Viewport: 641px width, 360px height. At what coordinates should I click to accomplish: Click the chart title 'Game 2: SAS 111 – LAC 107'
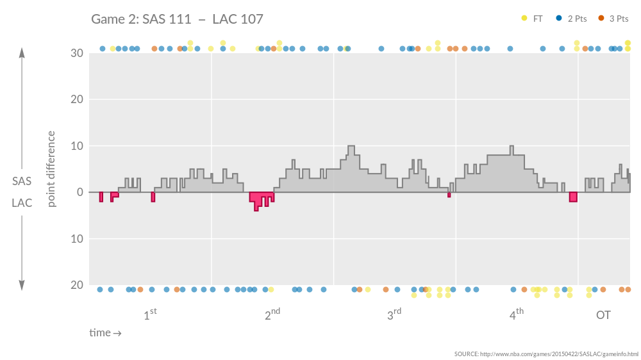pos(177,19)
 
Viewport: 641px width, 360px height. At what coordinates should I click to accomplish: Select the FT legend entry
pos(533,19)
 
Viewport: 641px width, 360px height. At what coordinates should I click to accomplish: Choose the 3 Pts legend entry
pos(613,19)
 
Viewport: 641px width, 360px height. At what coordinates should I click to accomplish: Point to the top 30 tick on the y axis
pos(77,53)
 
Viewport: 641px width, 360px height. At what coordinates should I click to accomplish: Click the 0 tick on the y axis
pos(80,192)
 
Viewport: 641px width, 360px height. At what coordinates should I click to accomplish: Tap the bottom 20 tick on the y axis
pos(77,285)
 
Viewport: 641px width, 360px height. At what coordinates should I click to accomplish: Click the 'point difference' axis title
pos(52,169)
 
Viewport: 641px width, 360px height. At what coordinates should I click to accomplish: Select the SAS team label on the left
pos(22,181)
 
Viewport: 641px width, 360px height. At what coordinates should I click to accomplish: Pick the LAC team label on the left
pos(22,203)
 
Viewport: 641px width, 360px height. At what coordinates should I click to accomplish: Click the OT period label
pos(603,315)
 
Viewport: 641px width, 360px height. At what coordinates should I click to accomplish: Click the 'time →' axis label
pos(105,332)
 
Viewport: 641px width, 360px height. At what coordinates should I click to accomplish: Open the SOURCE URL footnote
pos(546,354)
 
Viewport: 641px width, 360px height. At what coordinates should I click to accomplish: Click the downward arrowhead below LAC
pos(22,285)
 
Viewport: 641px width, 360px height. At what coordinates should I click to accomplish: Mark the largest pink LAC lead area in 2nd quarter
pos(261,199)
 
